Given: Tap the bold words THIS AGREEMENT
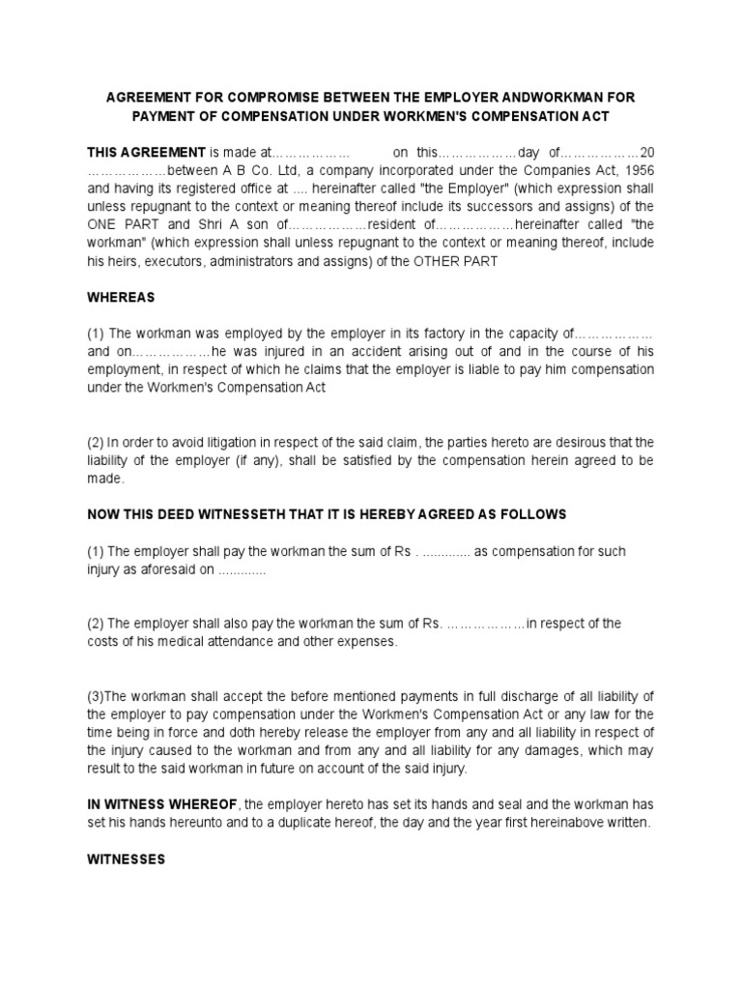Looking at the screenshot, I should pos(146,152).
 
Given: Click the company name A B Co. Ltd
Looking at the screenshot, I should pos(247,170).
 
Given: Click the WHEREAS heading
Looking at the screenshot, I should pos(121,298).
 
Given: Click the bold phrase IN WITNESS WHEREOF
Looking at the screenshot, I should pos(161,804).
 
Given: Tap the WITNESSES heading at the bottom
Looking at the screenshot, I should pos(127,859).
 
